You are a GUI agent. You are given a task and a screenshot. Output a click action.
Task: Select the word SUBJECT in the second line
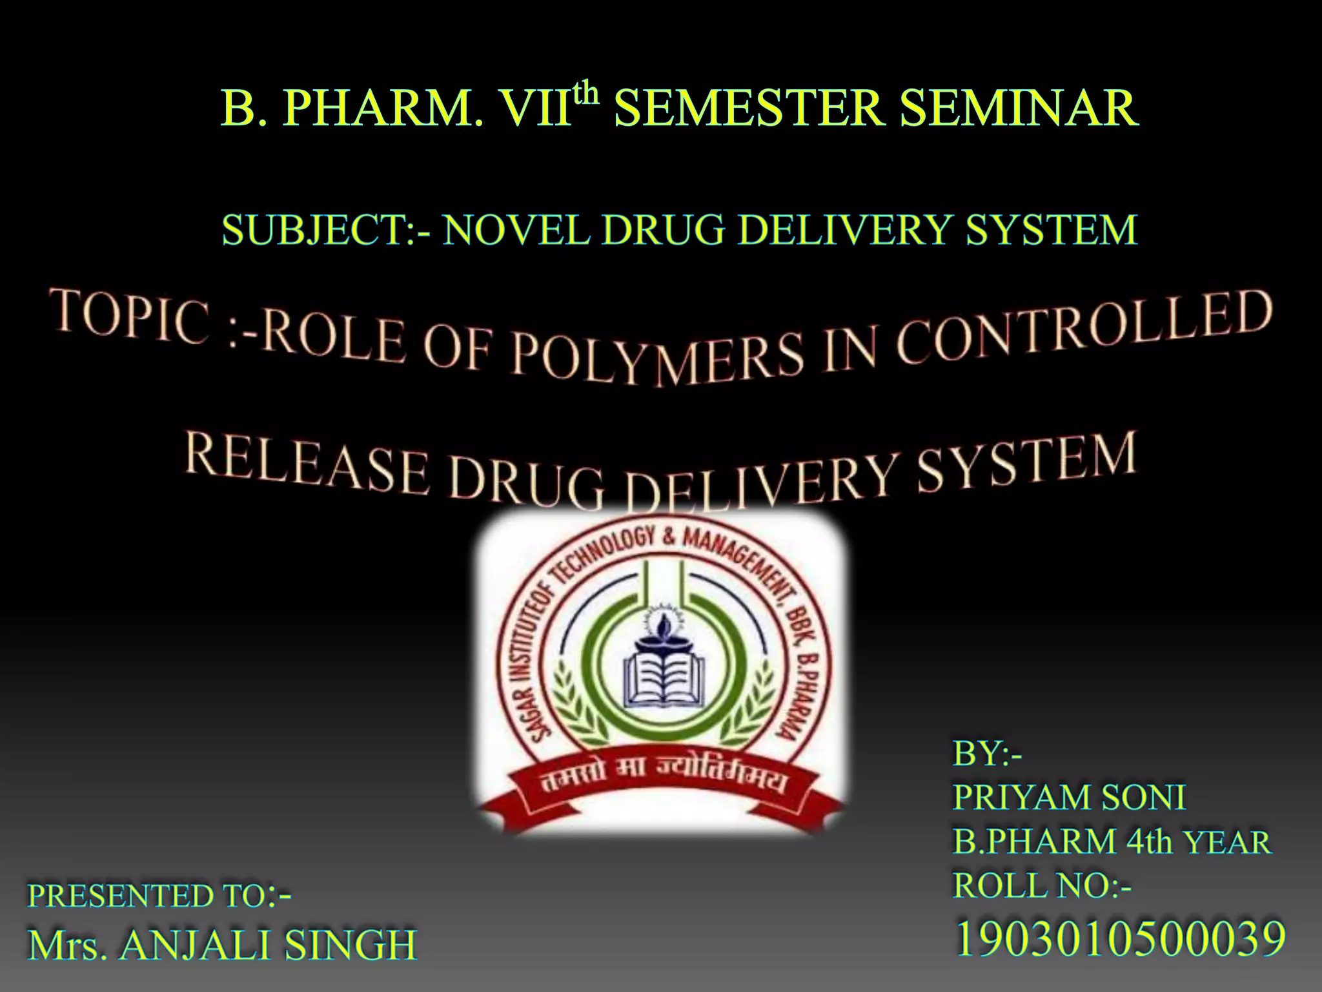click(313, 230)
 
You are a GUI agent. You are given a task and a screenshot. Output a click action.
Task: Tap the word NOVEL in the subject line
click(516, 230)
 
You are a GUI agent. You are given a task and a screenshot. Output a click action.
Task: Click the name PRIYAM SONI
click(1069, 797)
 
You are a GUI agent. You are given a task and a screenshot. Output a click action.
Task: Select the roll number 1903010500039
click(1119, 939)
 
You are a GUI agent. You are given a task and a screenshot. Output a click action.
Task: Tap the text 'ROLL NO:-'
click(1042, 885)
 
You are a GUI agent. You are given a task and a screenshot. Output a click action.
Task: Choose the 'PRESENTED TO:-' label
click(159, 896)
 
